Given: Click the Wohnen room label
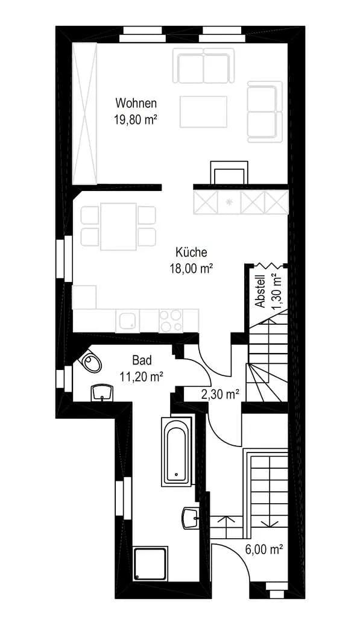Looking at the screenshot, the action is pyautogui.click(x=136, y=103).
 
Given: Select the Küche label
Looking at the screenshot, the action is pyautogui.click(x=191, y=252).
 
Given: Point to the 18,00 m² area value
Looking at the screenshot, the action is pyautogui.click(x=191, y=268).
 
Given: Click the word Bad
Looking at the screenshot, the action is pyautogui.click(x=142, y=360).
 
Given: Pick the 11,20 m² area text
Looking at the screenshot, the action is pyautogui.click(x=142, y=377).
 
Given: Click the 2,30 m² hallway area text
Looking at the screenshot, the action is pyautogui.click(x=220, y=394).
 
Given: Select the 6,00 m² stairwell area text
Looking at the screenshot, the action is pyautogui.click(x=264, y=549).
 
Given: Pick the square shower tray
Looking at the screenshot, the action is pyautogui.click(x=150, y=563).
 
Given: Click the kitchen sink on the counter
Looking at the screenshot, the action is pyautogui.click(x=128, y=321).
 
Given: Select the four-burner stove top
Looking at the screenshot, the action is pyautogui.click(x=171, y=321).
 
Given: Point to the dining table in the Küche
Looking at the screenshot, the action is pyautogui.click(x=118, y=227).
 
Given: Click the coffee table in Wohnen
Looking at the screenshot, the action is pyautogui.click(x=204, y=111).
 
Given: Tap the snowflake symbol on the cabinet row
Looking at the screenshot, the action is pyautogui.click(x=229, y=203).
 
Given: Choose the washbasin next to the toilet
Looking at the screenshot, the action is pyautogui.click(x=102, y=393).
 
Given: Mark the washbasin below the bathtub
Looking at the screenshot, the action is pyautogui.click(x=191, y=518).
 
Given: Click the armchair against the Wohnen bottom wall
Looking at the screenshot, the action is pyautogui.click(x=229, y=172).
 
